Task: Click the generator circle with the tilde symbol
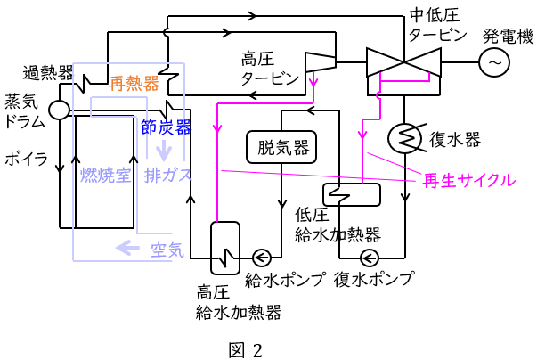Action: [494, 61]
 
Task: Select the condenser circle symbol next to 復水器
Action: [405, 138]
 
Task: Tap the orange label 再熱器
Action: [134, 84]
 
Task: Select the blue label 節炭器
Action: [167, 127]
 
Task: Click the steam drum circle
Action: [59, 110]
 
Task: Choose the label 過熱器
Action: [48, 72]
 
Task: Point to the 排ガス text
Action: [168, 175]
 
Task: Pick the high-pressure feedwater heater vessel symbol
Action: [220, 247]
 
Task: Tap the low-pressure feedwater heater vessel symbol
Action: [351, 193]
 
